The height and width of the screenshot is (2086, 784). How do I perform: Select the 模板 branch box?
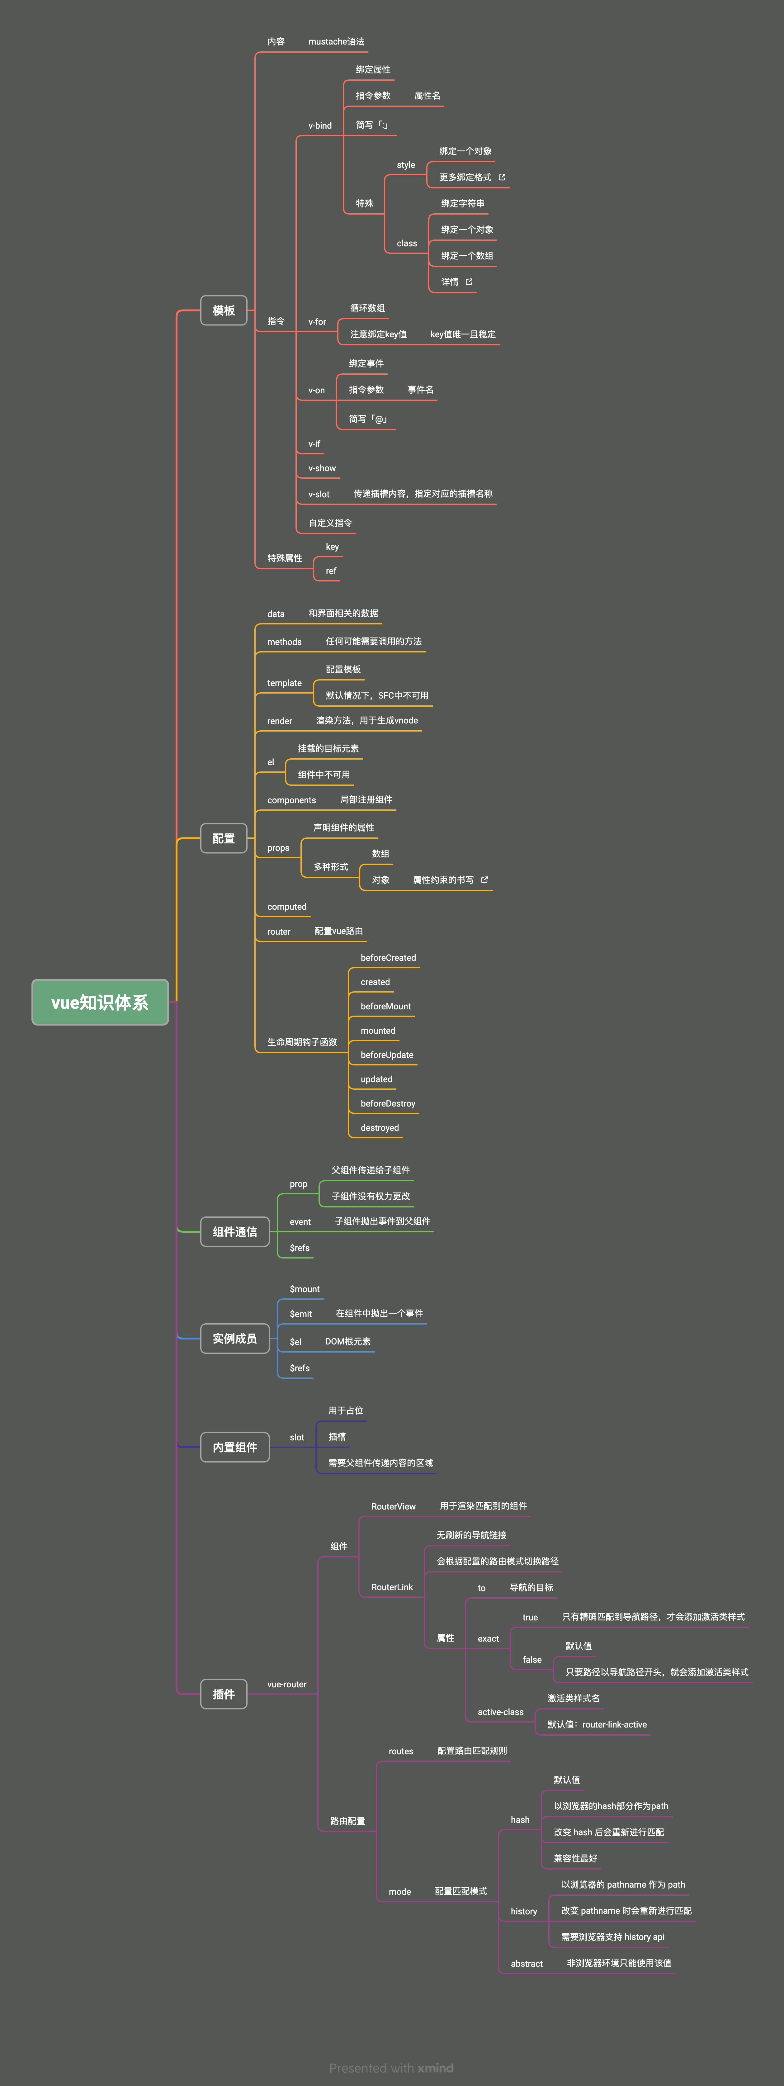224,310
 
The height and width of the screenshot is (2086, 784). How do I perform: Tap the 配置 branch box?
224,838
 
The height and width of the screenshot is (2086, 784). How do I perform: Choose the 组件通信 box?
235,1232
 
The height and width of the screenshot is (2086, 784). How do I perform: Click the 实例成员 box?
235,1339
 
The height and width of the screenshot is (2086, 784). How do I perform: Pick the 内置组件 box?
235,1447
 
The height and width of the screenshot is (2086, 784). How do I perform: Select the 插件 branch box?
224,1694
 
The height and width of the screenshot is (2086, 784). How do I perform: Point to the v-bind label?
320,126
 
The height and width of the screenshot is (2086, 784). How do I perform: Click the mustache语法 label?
336,41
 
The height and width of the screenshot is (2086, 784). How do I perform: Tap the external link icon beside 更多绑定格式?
502,177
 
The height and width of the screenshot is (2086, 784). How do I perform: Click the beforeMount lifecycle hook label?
385,1007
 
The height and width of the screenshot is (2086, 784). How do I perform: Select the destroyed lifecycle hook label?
380,1128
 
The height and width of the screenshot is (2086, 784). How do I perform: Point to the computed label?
287,907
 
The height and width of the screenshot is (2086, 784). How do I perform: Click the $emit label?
300,1314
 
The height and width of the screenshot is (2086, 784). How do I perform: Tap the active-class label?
501,1712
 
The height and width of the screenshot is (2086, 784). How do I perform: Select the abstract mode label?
527,1964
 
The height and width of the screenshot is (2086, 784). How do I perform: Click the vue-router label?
287,1684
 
